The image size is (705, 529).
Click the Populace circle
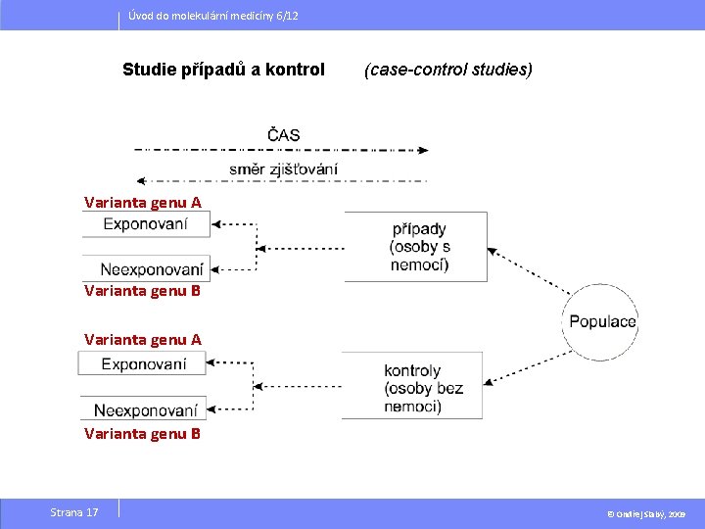(599, 321)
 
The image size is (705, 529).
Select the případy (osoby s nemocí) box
(416, 246)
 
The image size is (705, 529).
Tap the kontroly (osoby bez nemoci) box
(412, 386)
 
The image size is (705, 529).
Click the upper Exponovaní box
(145, 224)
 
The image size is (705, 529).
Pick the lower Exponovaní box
(143, 364)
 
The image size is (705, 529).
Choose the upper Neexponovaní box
(145, 268)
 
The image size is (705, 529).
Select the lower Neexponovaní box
(144, 410)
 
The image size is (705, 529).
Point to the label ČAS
(283, 135)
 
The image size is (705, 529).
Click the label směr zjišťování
(283, 168)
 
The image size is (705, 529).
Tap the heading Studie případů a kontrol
(223, 70)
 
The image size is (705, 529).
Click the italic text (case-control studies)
(448, 70)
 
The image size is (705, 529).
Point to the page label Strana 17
(74, 512)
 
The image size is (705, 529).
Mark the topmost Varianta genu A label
(143, 203)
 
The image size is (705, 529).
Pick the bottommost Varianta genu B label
(143, 433)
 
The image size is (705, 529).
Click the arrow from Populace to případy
(529, 269)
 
